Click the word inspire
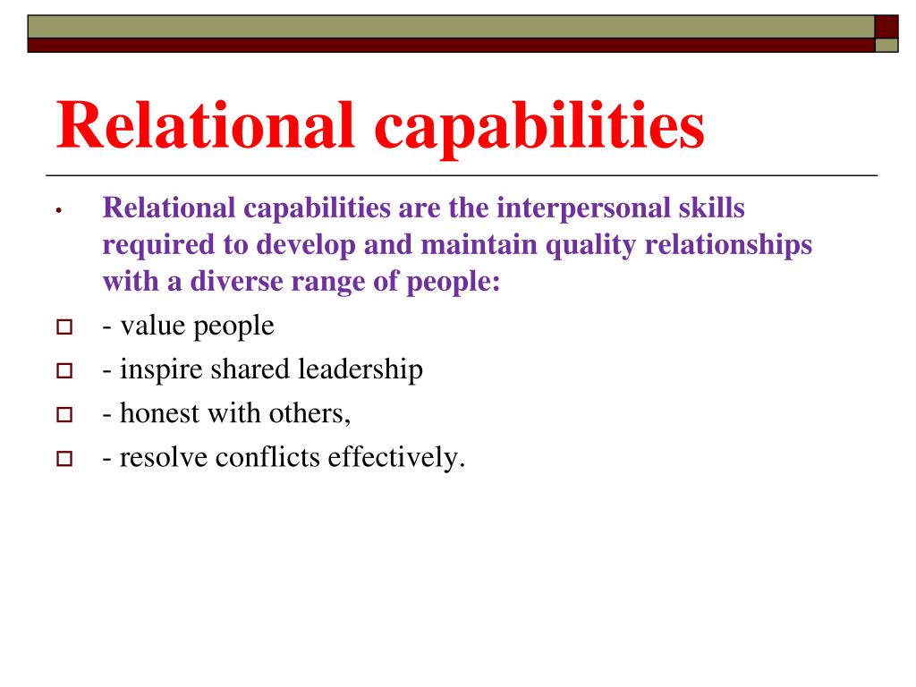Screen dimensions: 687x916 coord(161,370)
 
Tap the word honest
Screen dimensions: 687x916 coord(163,414)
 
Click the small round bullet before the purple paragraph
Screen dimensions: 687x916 coord(56,211)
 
